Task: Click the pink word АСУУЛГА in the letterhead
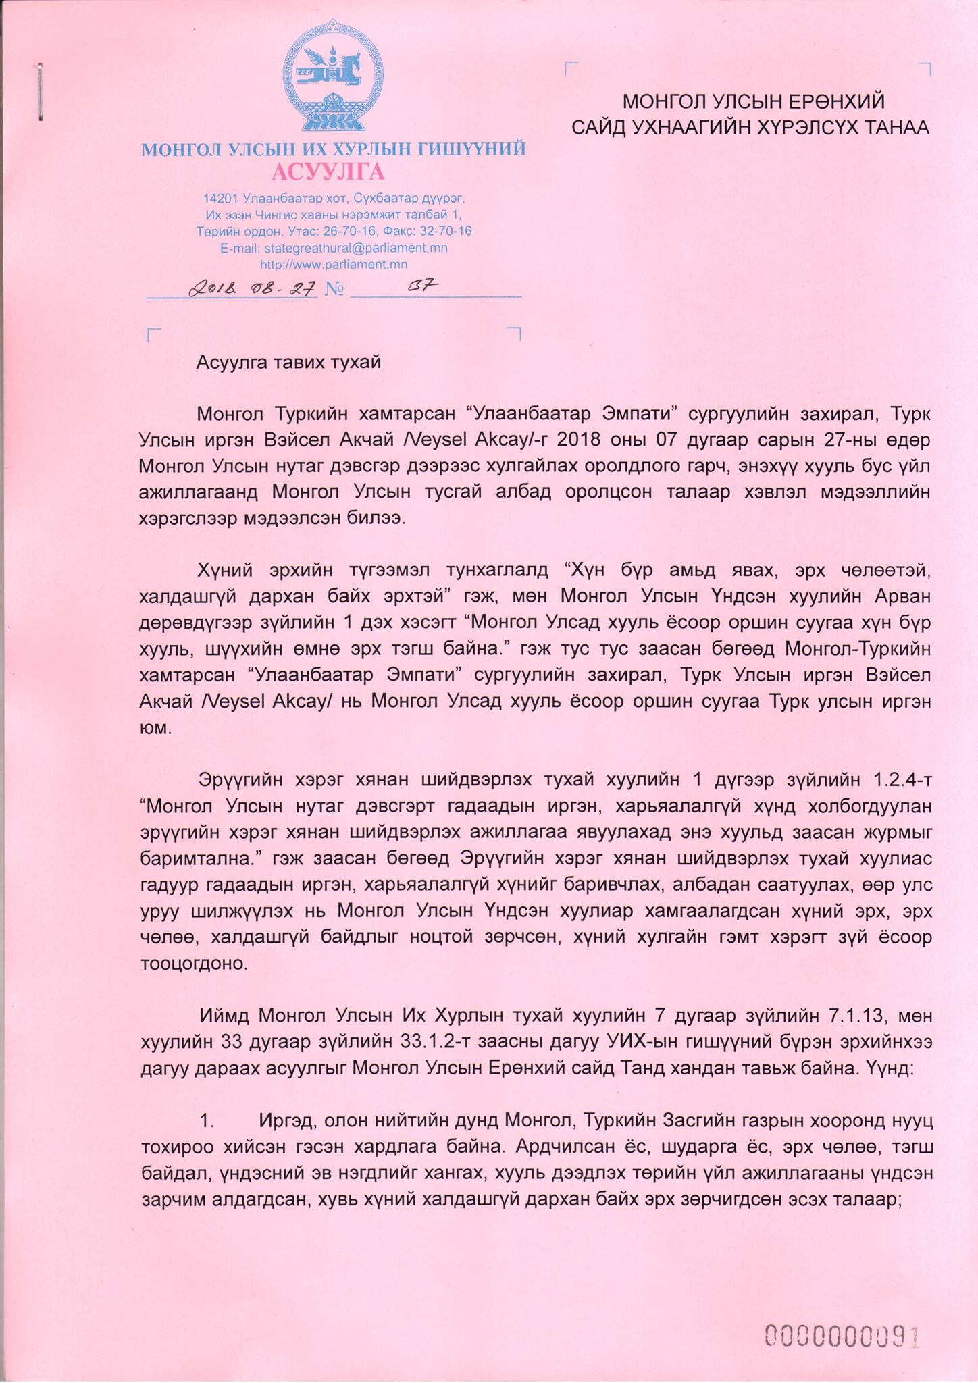click(328, 172)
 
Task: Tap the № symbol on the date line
click(334, 290)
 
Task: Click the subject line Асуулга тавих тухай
click(288, 362)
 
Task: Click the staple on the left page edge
click(41, 93)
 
